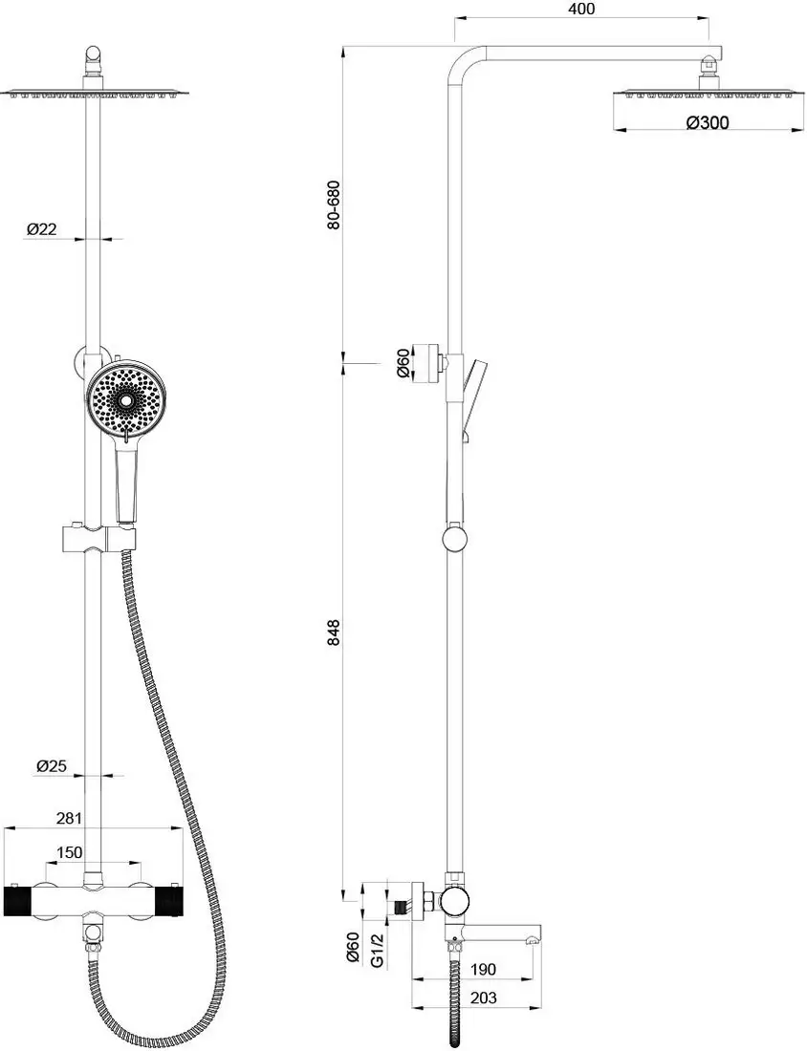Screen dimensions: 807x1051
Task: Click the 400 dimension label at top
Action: [x=581, y=9]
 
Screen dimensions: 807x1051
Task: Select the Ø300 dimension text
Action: [x=707, y=122]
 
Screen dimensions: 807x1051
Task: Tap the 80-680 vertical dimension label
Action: [x=334, y=204]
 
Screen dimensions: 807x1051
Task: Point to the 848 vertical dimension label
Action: [x=334, y=633]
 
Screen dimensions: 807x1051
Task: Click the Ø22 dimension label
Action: [x=41, y=229]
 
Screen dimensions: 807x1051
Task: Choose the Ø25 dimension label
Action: [x=52, y=765]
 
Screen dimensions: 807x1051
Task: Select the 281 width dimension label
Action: [x=69, y=818]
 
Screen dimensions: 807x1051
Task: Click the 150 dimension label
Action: [x=69, y=852]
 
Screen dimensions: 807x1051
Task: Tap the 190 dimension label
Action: [x=483, y=969]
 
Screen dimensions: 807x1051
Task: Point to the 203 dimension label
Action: [x=483, y=997]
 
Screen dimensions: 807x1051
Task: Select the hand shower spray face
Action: [x=122, y=401]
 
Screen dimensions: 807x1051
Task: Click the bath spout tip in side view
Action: [x=534, y=935]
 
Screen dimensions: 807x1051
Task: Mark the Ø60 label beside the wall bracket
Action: [x=403, y=363]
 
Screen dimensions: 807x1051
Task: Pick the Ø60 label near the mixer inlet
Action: [x=355, y=949]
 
